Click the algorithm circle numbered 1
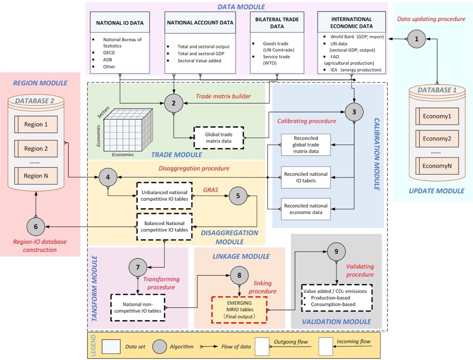[x=417, y=39]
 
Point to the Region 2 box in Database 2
[x=36, y=148]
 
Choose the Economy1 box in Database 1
[x=437, y=116]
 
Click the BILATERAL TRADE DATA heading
[x=276, y=23]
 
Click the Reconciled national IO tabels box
[x=306, y=177]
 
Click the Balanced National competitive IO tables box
[x=165, y=226]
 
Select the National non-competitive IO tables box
[x=138, y=307]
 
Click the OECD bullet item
[x=109, y=53]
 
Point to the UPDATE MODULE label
[x=437, y=191]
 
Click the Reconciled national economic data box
[x=306, y=209]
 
